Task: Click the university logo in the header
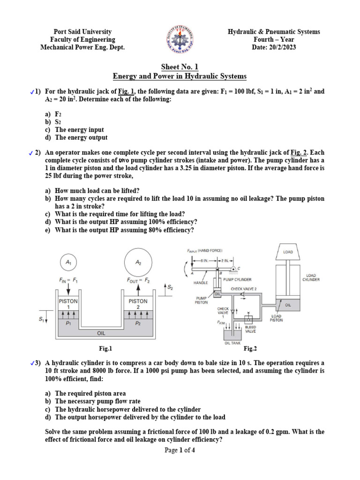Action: pos(180,39)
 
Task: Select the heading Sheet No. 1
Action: pos(180,67)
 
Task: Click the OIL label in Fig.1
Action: pos(101,333)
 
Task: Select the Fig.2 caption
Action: pos(250,348)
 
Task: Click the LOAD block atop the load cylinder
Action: pos(288,252)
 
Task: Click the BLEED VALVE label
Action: pos(251,330)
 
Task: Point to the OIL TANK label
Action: pos(233,343)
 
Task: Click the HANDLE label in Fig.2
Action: pos(201,283)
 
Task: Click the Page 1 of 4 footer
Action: pos(180,450)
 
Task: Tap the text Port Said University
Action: pos(82,32)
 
